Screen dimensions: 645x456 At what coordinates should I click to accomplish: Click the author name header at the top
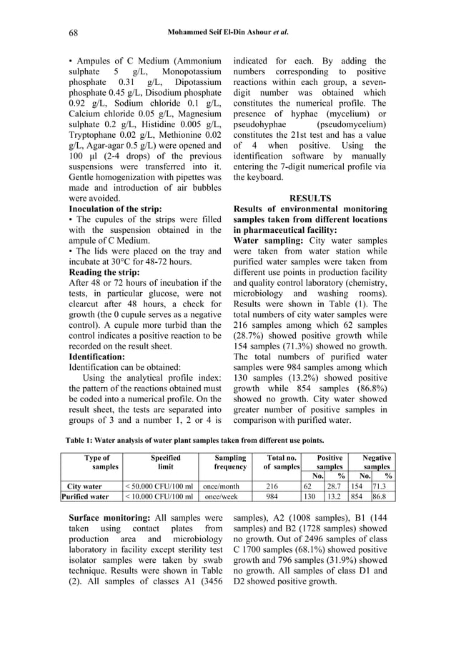click(228, 32)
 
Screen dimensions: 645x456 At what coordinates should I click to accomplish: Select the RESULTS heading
click(309, 198)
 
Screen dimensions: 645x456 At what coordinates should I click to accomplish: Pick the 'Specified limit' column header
click(165, 462)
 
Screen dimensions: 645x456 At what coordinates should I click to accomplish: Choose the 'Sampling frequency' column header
click(230, 462)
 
